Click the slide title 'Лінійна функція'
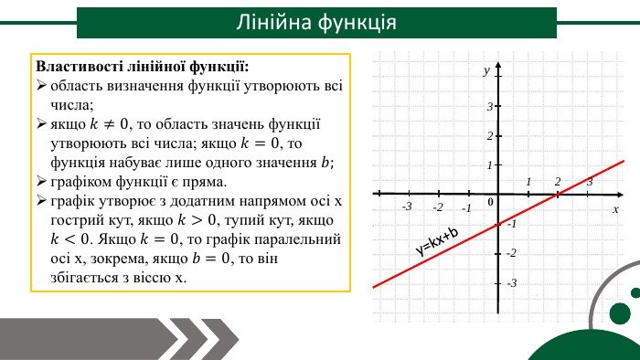(315, 21)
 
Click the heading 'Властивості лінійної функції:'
(142, 68)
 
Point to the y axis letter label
(487, 69)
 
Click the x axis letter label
(615, 209)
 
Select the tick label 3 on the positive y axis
(490, 107)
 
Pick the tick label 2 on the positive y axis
(490, 136)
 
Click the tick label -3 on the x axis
(407, 206)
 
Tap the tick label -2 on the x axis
(438, 206)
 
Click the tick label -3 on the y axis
(511, 283)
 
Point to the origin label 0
(490, 202)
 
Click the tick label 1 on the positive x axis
(528, 182)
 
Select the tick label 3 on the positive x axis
(590, 182)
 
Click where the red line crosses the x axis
(556, 194)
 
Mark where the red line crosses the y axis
(498, 224)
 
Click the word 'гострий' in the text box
(77, 220)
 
